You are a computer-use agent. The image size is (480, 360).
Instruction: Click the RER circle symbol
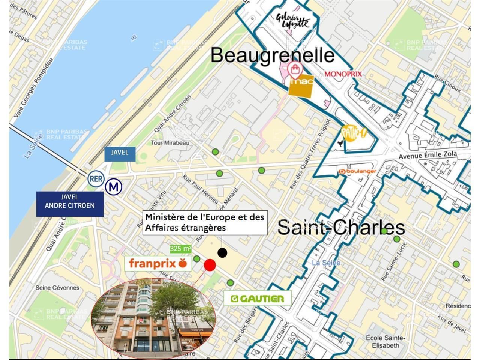[x=96, y=179]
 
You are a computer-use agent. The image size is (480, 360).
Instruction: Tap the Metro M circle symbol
[x=114, y=187]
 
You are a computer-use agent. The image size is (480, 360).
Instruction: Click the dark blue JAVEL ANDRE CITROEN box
[x=70, y=204]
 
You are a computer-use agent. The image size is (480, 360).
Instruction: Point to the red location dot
[x=210, y=265]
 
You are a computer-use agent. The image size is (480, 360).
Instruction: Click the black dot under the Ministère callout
[x=222, y=253]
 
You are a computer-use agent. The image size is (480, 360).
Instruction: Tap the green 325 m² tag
[x=180, y=248]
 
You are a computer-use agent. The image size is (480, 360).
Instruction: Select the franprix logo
[x=158, y=263]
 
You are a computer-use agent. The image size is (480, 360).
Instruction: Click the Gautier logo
[x=257, y=298]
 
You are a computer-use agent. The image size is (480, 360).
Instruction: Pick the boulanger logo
[x=357, y=171]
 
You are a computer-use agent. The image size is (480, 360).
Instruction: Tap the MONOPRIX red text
[x=343, y=74]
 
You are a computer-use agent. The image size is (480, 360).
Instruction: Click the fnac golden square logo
[x=301, y=86]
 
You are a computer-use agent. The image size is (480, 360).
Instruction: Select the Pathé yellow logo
[x=353, y=133]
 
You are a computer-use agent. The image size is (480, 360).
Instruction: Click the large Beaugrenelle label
[x=272, y=55]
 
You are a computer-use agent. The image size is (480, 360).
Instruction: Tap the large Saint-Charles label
[x=341, y=227]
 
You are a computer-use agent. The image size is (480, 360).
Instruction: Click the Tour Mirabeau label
[x=170, y=142]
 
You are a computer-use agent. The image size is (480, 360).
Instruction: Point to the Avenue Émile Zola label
[x=427, y=154]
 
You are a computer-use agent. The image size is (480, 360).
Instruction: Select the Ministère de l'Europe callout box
[x=205, y=222]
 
